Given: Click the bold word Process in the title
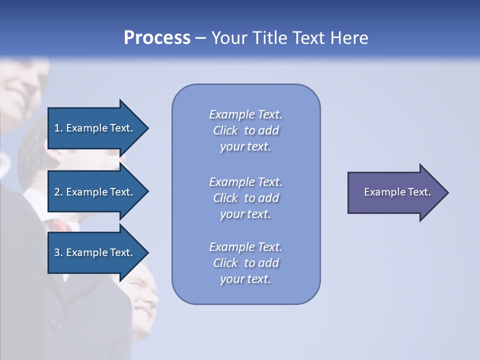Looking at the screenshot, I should click(x=157, y=38).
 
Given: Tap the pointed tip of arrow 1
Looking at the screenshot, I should click(x=147, y=128).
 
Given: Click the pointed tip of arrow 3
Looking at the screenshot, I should click(x=147, y=252).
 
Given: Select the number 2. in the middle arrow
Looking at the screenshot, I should click(x=58, y=192).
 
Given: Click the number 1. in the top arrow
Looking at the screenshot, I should click(x=58, y=128).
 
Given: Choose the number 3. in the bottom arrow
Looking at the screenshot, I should click(x=58, y=252).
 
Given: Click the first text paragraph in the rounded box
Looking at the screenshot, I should click(x=245, y=130).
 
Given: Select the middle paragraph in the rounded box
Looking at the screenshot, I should click(x=245, y=198).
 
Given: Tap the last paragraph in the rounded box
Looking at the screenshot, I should click(x=245, y=263).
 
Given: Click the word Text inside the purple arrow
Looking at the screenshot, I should click(x=419, y=192).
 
